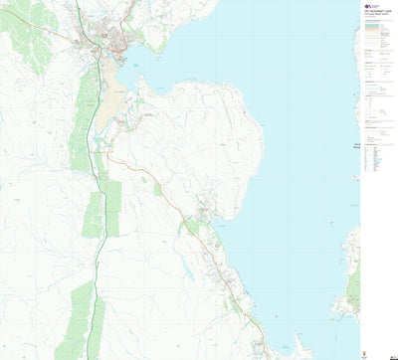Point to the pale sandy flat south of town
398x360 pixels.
pos(107,109)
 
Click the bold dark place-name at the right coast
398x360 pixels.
pos(355,150)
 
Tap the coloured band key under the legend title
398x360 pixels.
pos(376,34)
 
